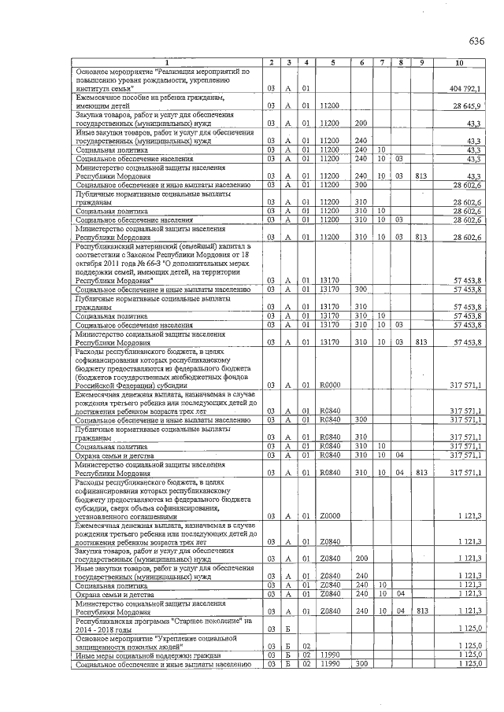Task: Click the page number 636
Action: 476,41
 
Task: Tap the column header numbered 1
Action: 166,62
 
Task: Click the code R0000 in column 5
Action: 331,386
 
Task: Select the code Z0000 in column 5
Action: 331,516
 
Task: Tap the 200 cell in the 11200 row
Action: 361,123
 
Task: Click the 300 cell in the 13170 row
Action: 361,290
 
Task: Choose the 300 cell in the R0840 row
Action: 361,420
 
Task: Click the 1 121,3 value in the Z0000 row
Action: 469,516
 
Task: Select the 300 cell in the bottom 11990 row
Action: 361,665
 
